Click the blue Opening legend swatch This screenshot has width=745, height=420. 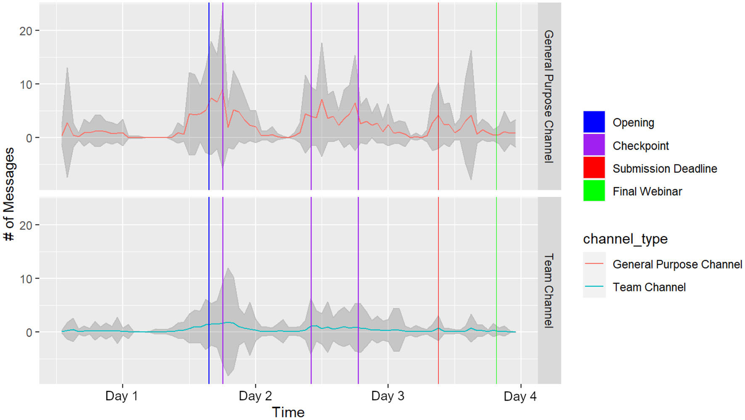click(x=594, y=122)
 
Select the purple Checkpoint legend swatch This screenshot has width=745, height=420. click(x=594, y=145)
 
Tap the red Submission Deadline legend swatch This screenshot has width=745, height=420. click(x=594, y=168)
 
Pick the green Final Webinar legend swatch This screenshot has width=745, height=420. click(x=594, y=190)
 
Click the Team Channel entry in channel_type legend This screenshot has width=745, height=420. click(x=649, y=287)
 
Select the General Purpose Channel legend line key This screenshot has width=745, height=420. click(x=594, y=264)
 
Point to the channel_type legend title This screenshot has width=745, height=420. click(x=625, y=239)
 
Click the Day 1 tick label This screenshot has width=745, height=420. click(x=122, y=396)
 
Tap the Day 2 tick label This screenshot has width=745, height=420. click(x=255, y=396)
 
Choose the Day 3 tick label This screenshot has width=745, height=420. click(x=388, y=396)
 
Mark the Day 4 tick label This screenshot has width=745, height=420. click(x=520, y=396)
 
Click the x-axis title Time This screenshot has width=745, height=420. click(x=288, y=412)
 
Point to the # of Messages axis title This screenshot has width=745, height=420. click(x=9, y=194)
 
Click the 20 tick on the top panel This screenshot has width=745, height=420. click(x=26, y=31)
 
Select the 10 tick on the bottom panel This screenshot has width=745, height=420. click(x=26, y=279)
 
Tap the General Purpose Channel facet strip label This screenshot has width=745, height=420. click(x=549, y=96)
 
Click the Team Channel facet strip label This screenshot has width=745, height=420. click(x=549, y=291)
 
